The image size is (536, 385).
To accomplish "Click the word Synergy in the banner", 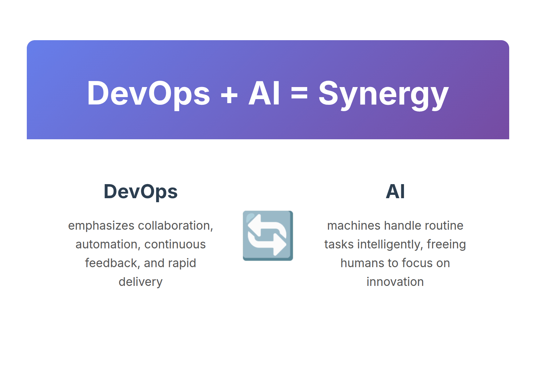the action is tap(383, 95).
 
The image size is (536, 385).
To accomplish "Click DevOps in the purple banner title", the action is tap(148, 94).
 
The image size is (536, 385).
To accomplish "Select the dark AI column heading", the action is tap(395, 191).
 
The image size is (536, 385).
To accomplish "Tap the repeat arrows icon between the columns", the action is tap(268, 236).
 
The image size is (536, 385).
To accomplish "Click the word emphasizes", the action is tap(101, 226).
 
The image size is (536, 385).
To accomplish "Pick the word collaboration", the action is tap(176, 226).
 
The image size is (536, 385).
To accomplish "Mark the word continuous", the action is tap(175, 244).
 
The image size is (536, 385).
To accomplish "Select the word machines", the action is tap(354, 226).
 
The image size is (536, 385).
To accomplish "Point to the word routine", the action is tap(444, 226).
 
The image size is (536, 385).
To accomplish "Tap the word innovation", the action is tap(395, 282).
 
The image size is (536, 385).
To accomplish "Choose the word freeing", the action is tap(446, 245).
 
